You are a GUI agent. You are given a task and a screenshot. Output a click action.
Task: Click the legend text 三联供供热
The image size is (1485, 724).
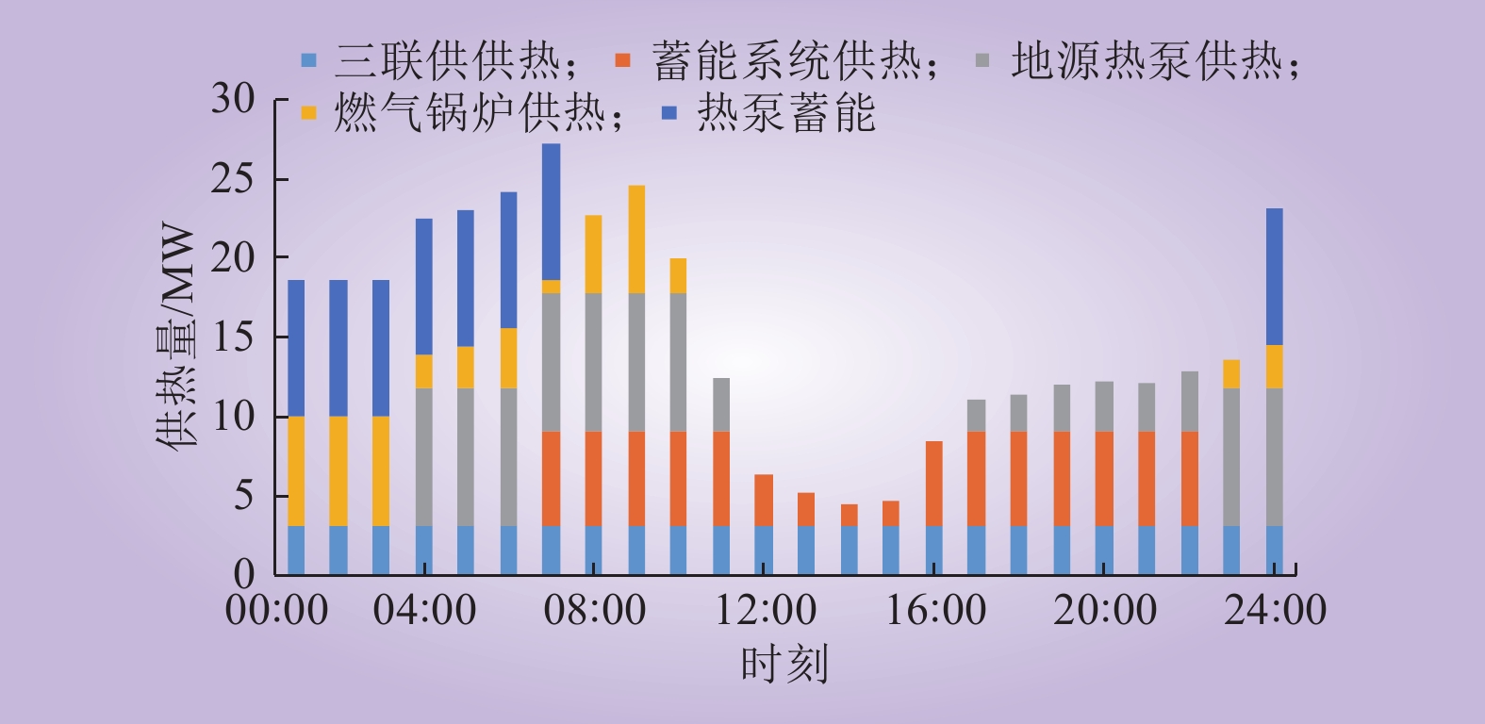click(457, 61)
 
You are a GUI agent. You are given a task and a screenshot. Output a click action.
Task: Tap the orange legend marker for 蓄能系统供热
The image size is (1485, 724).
click(622, 61)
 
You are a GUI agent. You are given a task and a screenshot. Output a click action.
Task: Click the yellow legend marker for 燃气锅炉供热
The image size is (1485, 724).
click(308, 112)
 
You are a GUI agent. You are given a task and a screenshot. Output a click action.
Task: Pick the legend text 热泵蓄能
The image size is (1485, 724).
click(786, 112)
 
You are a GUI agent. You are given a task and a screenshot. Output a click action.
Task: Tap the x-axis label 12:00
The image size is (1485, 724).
click(765, 609)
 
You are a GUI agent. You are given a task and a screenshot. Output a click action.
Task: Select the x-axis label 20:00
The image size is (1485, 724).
click(1105, 609)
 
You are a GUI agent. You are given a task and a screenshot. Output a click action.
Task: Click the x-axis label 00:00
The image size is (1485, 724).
click(276, 609)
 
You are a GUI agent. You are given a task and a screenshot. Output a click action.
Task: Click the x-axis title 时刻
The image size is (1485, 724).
click(784, 664)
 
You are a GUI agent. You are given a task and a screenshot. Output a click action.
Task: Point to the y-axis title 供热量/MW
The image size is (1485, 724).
click(177, 338)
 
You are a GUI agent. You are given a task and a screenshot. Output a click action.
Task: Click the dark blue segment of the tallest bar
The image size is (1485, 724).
click(551, 212)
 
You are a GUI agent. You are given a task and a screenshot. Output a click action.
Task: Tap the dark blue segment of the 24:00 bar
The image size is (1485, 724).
click(1274, 277)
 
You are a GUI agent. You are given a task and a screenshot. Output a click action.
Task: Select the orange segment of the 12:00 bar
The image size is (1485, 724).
click(764, 501)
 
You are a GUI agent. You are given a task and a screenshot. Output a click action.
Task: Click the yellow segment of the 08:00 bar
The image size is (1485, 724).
click(593, 255)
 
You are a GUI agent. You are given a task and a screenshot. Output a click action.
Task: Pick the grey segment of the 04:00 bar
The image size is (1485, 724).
click(424, 457)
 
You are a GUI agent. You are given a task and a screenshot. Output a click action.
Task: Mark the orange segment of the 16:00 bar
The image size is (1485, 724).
click(934, 484)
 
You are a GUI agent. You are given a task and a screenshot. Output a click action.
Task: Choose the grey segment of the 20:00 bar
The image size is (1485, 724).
click(1104, 407)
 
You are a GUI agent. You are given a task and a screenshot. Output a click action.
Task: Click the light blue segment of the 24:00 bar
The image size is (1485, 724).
click(1274, 551)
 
